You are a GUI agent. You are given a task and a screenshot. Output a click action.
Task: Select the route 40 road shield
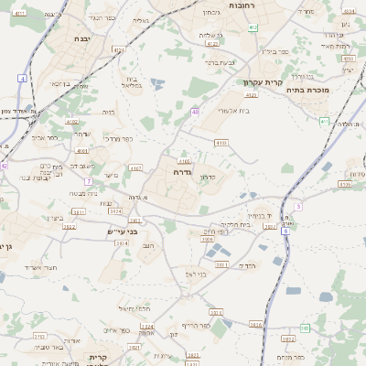pos(195,112)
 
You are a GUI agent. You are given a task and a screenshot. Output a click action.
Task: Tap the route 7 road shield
pos(89,182)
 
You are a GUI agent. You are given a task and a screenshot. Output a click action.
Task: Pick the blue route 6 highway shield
pos(297,207)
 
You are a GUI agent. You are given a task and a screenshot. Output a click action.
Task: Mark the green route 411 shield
pos(325,121)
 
